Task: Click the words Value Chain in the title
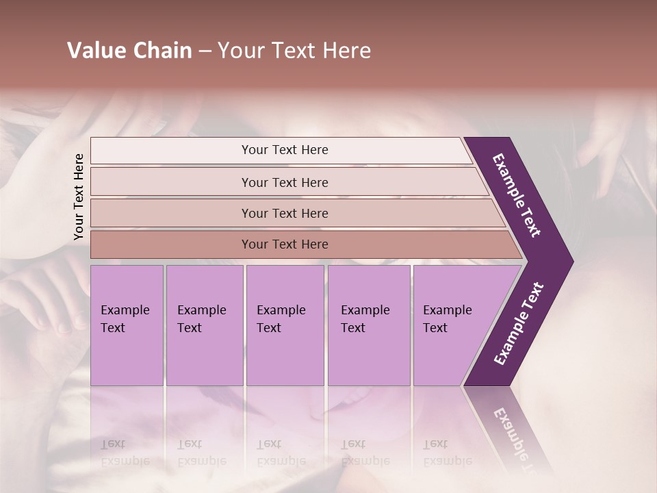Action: [x=129, y=51]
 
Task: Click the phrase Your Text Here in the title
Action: [x=294, y=51]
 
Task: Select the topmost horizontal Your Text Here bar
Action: [x=285, y=150]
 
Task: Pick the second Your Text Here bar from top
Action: [x=285, y=182]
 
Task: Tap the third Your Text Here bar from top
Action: [x=285, y=213]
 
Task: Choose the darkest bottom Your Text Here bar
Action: [x=285, y=244]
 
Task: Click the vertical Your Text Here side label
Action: [x=79, y=197]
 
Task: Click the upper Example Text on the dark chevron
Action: [x=517, y=195]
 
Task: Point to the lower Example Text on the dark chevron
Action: [x=519, y=324]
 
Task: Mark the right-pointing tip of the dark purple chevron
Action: [x=571, y=262]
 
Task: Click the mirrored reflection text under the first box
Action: [x=125, y=453]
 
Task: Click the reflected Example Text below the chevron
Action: [x=517, y=438]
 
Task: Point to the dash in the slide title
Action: [x=205, y=51]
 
